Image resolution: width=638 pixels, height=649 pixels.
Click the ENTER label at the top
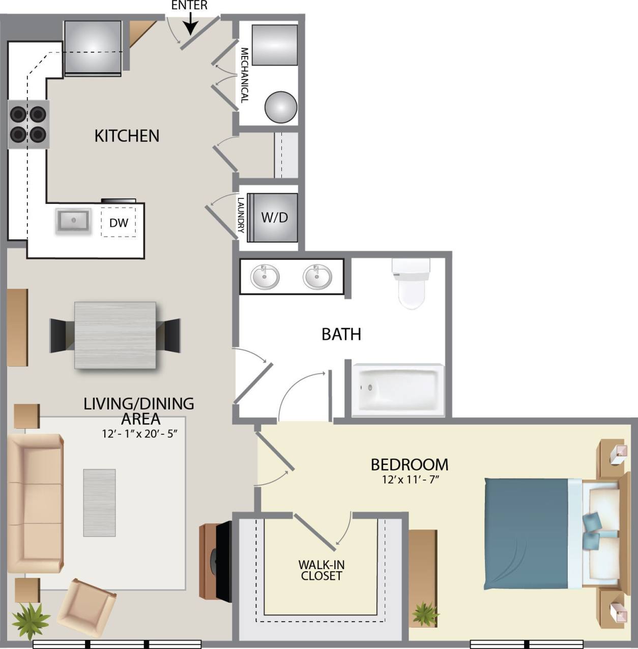[189, 6]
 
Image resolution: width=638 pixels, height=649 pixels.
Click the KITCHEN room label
[127, 136]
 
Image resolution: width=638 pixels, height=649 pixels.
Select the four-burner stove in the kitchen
[28, 124]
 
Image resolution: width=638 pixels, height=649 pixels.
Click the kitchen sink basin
[73, 220]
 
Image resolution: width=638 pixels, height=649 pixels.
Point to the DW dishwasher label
[119, 223]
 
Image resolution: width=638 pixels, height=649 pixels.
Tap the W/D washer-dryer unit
[274, 218]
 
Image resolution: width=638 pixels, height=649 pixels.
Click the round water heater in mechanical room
[281, 107]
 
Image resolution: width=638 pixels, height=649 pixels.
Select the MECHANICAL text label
[244, 75]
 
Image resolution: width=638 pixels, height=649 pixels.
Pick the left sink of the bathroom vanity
[265, 277]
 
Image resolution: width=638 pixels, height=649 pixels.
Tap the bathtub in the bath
[398, 389]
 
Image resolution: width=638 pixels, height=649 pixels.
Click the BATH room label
[341, 334]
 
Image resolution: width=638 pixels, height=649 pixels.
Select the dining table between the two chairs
[115, 335]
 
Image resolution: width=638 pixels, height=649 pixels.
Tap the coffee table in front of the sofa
[99, 503]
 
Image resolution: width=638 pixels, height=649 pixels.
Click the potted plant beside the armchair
[31, 620]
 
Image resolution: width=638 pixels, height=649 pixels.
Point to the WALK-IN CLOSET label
[321, 570]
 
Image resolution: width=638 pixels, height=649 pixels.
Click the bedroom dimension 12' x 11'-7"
[410, 479]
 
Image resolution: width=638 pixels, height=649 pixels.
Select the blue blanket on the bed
[526, 534]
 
